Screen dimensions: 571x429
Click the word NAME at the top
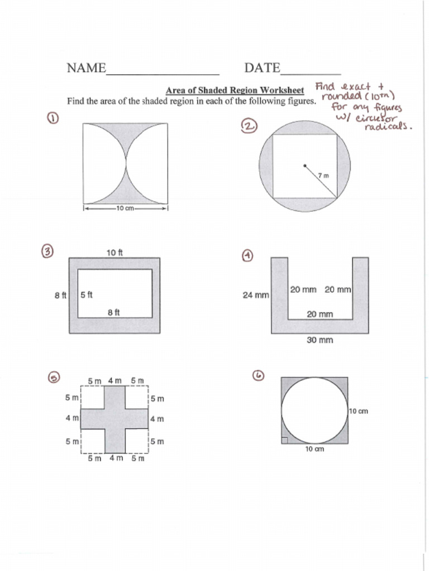coord(86,68)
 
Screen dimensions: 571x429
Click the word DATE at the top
coord(262,68)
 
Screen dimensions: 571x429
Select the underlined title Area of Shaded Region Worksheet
coord(235,90)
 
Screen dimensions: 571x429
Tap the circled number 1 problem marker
coord(54,118)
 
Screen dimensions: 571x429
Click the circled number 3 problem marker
coord(48,251)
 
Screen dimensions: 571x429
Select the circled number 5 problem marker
coord(54,378)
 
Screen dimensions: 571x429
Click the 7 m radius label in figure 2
coord(323,176)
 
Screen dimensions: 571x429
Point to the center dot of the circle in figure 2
coord(304,165)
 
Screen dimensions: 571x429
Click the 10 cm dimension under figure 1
coord(125,209)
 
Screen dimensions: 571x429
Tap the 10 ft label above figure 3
coord(115,252)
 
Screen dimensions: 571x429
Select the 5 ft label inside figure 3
coord(87,295)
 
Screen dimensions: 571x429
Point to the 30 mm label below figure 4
coord(320,340)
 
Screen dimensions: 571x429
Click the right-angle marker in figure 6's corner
coord(285,441)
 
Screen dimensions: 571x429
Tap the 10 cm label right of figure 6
coord(359,411)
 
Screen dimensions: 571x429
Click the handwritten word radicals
coord(388,127)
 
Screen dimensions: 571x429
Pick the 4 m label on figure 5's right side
coord(157,418)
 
